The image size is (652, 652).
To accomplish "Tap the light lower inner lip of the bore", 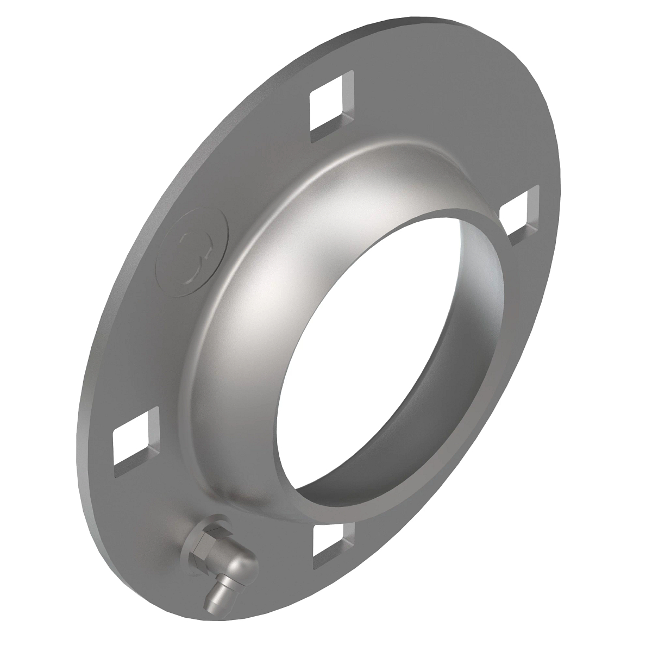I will tap(353, 478).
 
